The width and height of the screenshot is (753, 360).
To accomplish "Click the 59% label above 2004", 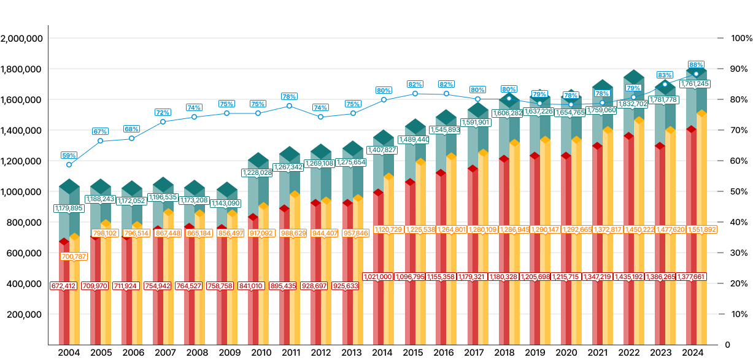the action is coord(69,155).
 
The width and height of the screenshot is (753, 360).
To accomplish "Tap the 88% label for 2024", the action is coord(696,64).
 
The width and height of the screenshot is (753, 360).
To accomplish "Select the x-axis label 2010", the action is coord(261,353).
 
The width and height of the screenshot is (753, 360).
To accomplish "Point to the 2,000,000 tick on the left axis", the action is coord(22,38).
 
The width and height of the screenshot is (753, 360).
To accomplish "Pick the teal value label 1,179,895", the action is coord(69,208).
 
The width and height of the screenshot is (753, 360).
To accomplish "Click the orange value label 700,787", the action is coord(74,256).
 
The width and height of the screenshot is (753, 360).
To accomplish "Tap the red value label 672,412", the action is coord(64,286).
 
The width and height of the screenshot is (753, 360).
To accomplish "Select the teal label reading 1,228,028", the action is coord(257,172).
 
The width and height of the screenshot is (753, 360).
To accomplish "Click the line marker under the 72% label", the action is coord(163,121).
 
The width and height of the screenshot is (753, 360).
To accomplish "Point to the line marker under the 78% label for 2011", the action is coord(289,105).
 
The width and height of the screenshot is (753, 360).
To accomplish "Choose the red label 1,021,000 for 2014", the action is coord(378,277).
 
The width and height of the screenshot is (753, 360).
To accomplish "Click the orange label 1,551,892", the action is coord(702,229).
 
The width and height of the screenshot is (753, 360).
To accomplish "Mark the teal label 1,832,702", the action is coord(633,104).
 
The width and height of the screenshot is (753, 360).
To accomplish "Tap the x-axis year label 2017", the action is coord(474,353).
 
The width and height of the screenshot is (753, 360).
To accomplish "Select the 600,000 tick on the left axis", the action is coord(25,253).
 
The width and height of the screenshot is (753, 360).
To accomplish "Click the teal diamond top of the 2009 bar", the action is coord(227,190).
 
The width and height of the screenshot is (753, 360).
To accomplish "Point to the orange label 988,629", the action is coord(293,233).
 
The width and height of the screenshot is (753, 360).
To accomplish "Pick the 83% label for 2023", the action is coord(665,75).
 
